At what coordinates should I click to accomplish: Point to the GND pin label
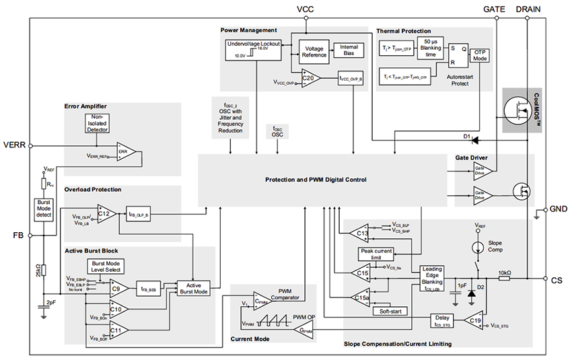coord(559,209)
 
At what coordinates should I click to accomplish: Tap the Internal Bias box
coord(349,50)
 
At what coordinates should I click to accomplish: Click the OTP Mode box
coord(480,55)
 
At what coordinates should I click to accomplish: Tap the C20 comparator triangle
coord(311,79)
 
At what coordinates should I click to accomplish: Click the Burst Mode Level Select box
coord(104,266)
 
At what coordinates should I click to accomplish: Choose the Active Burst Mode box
coord(193,288)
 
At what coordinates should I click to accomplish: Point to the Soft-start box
coord(389,311)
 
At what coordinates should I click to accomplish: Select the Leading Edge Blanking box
coord(432,277)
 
